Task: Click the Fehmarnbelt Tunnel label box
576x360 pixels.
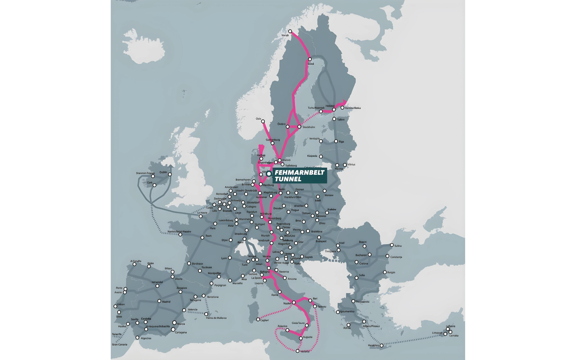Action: tap(300, 176)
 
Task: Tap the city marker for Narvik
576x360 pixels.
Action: tap(290, 31)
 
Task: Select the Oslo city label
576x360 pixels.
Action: tap(258, 119)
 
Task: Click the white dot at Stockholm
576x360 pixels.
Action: tap(299, 127)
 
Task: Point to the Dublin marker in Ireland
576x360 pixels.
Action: tap(170, 174)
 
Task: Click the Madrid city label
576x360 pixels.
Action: tap(166, 302)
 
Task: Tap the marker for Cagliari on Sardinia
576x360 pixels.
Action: tap(258, 319)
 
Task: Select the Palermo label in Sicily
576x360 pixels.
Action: tap(282, 327)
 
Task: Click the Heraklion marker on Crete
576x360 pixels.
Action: tap(382, 346)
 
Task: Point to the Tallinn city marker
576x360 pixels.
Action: tap(334, 119)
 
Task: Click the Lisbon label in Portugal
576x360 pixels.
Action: tap(121, 304)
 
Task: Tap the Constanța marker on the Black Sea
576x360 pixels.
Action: tap(387, 256)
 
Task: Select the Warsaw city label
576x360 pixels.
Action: tap(329, 195)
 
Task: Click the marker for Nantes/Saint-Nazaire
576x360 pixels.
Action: tap(180, 235)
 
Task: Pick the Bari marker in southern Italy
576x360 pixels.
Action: tap(310, 300)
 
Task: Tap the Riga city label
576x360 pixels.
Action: tap(341, 141)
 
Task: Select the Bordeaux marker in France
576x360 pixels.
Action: tap(189, 264)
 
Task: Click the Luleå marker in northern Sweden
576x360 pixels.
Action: tap(310, 59)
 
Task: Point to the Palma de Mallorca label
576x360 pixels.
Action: tap(216, 318)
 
